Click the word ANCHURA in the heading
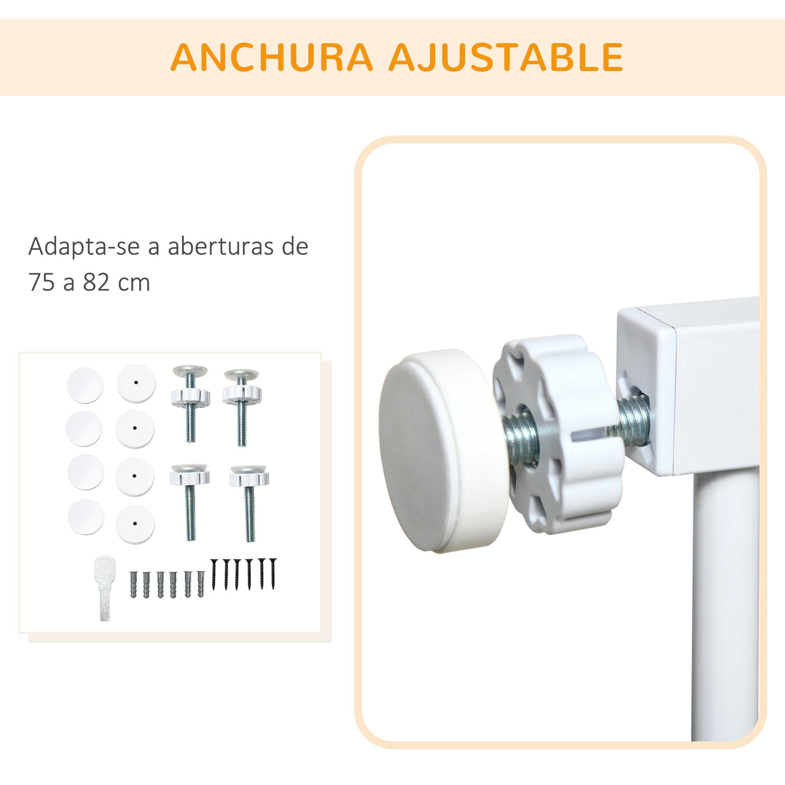[x=271, y=57]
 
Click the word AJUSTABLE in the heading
[x=506, y=57]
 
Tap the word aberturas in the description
[x=220, y=246]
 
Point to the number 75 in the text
[x=42, y=282]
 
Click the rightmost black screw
[x=273, y=574]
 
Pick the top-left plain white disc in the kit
[x=85, y=385]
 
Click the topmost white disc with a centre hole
[x=136, y=383]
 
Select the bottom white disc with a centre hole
[x=135, y=524]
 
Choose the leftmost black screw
[x=214, y=574]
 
